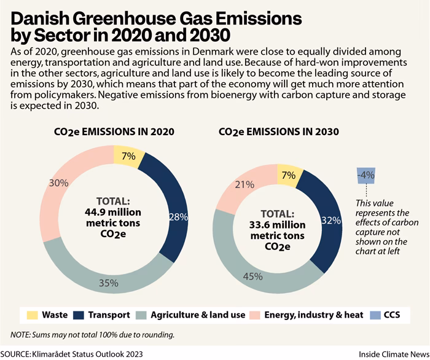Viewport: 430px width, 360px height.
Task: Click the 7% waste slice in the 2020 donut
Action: [x=129, y=157]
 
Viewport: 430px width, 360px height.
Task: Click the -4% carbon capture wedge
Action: [x=368, y=175]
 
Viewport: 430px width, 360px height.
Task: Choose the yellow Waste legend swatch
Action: [x=31, y=315]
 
